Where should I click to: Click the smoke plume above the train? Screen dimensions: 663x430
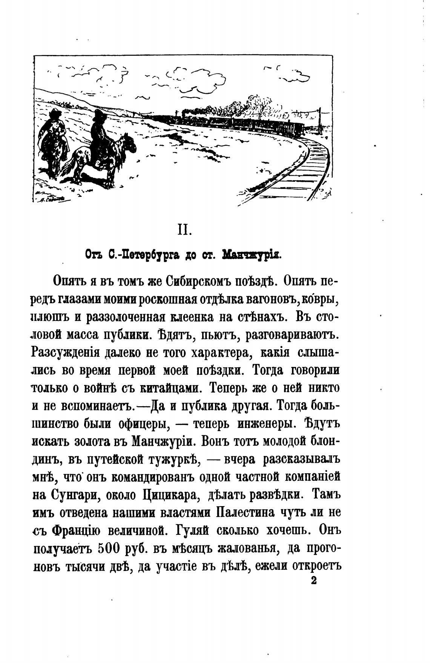pyautogui.click(x=241, y=104)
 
